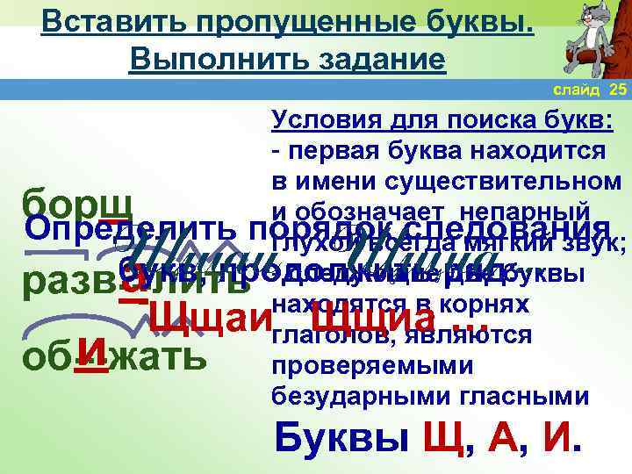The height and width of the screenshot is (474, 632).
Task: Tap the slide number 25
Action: [618, 90]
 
